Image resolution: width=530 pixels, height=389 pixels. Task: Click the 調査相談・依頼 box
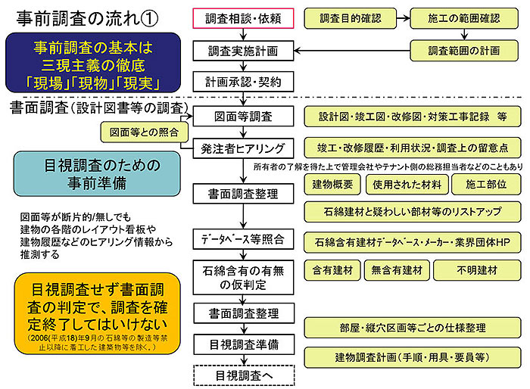[238, 17]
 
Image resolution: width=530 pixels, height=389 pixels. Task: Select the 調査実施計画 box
[238, 51]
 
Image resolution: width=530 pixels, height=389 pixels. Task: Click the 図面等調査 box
[238, 117]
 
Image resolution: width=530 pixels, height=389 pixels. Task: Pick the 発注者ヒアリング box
[238, 148]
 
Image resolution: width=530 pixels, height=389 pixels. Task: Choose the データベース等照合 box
[238, 240]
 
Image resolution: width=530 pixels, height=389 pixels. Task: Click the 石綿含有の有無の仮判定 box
[238, 277]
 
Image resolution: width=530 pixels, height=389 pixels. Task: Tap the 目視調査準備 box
[238, 344]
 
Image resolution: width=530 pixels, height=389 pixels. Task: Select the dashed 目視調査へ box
[238, 375]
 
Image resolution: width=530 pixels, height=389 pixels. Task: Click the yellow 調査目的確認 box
[351, 17]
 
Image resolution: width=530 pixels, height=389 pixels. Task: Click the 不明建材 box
[477, 270]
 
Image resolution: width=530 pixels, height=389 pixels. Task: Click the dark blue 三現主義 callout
[94, 64]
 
